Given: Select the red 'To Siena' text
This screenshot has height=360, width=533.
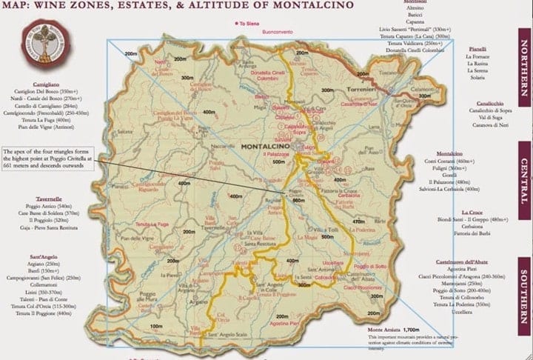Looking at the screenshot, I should pos(250,24).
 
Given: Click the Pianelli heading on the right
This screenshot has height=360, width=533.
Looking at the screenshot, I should pos(477,48).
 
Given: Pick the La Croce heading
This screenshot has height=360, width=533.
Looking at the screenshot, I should pos(471,212).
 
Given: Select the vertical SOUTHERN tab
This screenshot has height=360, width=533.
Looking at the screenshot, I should pos(523,288).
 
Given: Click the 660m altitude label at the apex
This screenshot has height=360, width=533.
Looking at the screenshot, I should pos(299,201).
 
